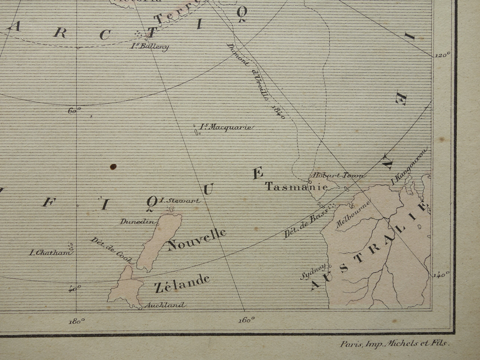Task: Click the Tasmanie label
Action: [296, 187]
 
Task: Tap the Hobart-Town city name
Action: [337, 176]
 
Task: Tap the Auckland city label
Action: [163, 305]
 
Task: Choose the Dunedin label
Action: [138, 222]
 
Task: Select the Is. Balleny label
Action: [149, 46]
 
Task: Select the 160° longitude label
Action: [247, 320]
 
